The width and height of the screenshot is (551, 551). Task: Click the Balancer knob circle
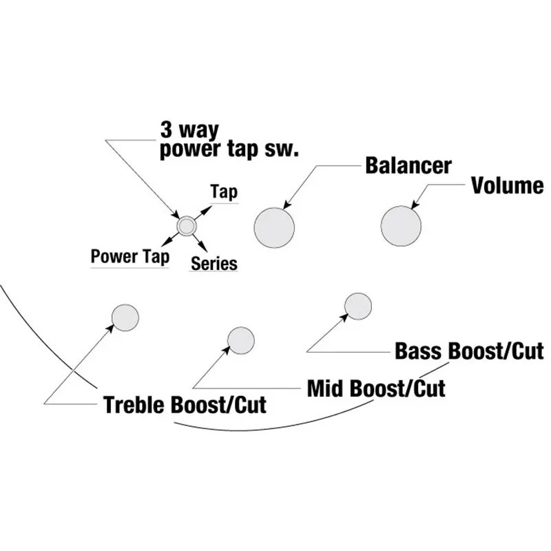(274, 227)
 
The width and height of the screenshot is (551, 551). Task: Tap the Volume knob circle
(401, 226)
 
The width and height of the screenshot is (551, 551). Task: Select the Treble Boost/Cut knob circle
(125, 318)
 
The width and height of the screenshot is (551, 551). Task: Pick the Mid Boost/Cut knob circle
(240, 340)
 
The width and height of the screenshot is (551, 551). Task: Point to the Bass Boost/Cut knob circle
(358, 306)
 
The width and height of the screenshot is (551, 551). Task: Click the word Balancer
(408, 166)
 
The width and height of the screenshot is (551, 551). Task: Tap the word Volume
(507, 185)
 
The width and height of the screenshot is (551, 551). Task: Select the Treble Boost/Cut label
(185, 404)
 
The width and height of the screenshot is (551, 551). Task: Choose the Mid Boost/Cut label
(376, 388)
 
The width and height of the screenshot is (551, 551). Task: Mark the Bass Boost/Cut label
(469, 351)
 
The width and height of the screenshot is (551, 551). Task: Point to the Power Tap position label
(129, 257)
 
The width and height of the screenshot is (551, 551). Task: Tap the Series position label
(214, 263)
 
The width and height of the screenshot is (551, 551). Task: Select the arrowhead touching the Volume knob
(414, 205)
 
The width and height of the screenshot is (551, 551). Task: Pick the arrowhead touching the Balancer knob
(287, 204)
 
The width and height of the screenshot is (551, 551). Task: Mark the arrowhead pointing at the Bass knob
(345, 316)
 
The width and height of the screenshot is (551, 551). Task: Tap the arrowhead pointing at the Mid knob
(227, 349)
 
